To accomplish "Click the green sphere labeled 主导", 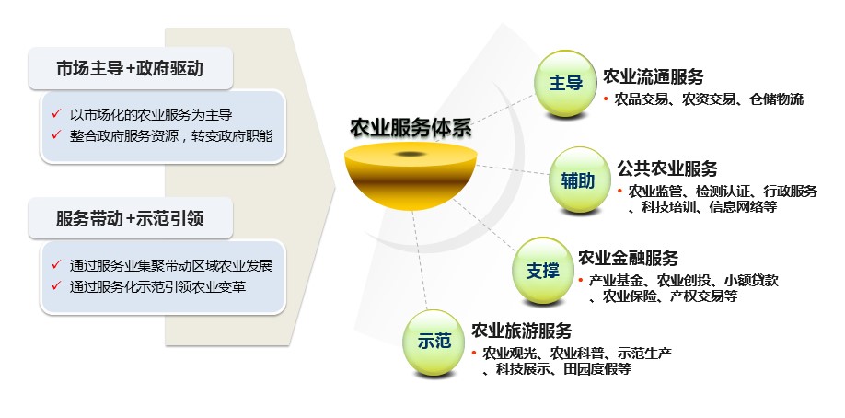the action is coord(566,84).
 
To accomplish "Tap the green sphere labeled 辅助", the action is coord(579,180).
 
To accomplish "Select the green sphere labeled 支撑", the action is coord(543,271).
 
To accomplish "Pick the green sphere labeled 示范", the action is coord(434,343).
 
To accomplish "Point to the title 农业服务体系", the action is coord(411,128).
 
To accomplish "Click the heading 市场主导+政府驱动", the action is coord(130,68).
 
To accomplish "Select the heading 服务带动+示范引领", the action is coord(130,218).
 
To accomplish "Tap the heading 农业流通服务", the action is coord(654,76).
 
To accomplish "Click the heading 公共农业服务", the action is coord(667,168).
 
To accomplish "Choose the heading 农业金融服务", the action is coord(628,258).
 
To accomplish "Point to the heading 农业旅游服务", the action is coord(522,331).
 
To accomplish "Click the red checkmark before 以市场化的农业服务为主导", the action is coord(55,114).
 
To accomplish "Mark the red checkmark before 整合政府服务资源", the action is coord(55,134).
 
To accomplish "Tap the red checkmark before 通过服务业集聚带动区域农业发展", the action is coord(55,264).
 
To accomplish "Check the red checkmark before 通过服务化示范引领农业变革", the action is coord(55,285).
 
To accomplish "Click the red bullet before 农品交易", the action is coord(606,99).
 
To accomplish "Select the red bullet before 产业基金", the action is coord(581,280).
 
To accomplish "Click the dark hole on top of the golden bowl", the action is coord(411,155).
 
